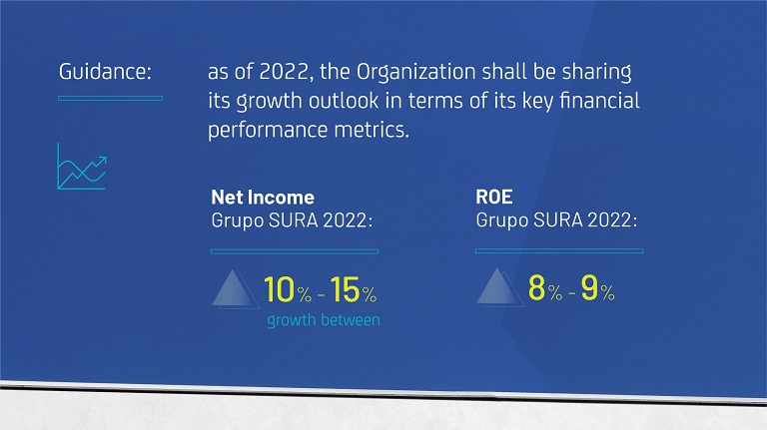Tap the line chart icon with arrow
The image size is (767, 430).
82,167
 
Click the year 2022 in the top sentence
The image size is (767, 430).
284,72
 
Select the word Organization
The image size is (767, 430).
415,73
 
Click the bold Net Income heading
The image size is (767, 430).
263,197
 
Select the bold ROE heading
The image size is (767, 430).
494,197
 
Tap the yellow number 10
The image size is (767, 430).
280,289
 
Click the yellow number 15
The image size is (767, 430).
345,289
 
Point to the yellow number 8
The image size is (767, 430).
536,287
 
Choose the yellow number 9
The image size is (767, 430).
589,287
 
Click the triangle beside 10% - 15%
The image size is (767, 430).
235,289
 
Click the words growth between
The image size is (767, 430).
324,320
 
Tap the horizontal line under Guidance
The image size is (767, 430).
111,98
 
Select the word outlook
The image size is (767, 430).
344,100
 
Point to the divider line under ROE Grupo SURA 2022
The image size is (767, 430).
559,250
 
